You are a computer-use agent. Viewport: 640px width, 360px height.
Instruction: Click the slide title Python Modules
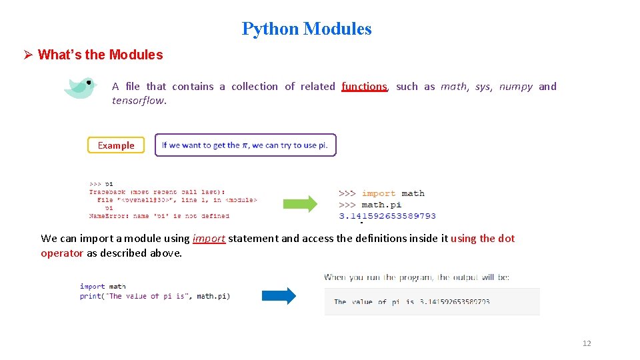(x=307, y=29)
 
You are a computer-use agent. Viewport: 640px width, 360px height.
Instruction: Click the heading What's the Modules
(x=100, y=55)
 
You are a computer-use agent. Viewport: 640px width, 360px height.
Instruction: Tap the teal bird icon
(x=81, y=88)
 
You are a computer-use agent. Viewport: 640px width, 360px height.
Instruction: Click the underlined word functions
(x=364, y=87)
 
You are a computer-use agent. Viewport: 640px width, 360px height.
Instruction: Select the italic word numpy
(x=516, y=87)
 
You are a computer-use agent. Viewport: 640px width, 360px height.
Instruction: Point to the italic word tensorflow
(x=139, y=101)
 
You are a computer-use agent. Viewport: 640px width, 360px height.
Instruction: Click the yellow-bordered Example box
(x=116, y=145)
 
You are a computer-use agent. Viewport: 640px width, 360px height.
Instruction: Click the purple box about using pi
(x=245, y=145)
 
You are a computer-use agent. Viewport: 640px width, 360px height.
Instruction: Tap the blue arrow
(x=279, y=295)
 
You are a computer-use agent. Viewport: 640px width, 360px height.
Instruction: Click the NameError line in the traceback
(x=159, y=216)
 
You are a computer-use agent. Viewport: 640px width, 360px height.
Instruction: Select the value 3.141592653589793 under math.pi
(x=387, y=216)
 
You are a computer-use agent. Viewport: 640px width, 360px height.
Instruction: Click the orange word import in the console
(x=379, y=193)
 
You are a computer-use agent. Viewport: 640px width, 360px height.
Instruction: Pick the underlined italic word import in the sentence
(x=209, y=239)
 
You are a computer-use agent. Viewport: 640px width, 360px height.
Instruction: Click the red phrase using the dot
(x=483, y=239)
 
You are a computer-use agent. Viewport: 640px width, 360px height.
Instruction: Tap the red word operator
(x=62, y=253)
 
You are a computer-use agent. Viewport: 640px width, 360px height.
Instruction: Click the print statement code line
(x=155, y=296)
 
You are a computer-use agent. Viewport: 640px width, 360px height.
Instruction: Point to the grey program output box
(x=432, y=301)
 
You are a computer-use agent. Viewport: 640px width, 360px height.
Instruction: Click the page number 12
(x=587, y=343)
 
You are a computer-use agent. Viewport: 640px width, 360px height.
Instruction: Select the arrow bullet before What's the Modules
(x=28, y=55)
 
